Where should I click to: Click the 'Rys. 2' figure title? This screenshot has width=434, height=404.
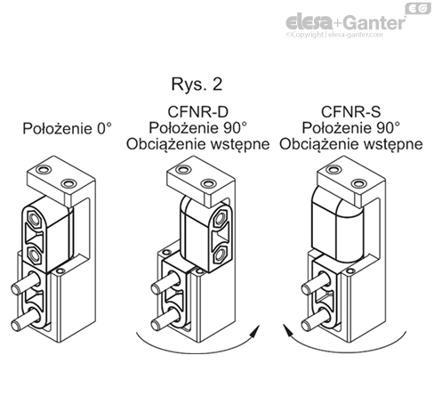(197, 85)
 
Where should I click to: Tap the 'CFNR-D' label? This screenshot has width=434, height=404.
(197, 112)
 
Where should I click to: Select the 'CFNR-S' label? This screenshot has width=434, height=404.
(350, 112)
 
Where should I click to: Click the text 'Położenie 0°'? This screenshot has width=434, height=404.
(68, 129)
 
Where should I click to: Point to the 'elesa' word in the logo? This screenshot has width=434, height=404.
(309, 22)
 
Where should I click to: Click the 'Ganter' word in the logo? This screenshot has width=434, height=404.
(375, 22)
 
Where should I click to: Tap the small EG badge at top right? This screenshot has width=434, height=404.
(418, 8)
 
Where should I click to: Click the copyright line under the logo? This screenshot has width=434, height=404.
(334, 35)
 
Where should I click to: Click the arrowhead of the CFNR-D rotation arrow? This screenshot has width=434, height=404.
(255, 331)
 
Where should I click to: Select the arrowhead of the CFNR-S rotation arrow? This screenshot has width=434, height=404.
(288, 330)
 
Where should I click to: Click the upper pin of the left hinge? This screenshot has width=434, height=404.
(26, 283)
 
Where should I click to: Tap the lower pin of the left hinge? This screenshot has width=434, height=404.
(26, 319)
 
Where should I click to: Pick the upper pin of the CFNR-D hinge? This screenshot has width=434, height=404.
(165, 283)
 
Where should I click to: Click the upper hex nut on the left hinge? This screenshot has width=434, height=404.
(35, 220)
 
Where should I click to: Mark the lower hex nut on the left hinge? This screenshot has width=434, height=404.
(35, 255)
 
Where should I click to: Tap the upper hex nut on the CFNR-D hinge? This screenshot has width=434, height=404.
(221, 219)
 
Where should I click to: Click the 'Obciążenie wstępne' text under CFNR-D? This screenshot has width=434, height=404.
(198, 144)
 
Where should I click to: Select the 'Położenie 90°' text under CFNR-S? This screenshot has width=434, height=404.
(351, 128)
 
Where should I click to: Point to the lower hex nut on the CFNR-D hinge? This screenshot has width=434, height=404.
(221, 255)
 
